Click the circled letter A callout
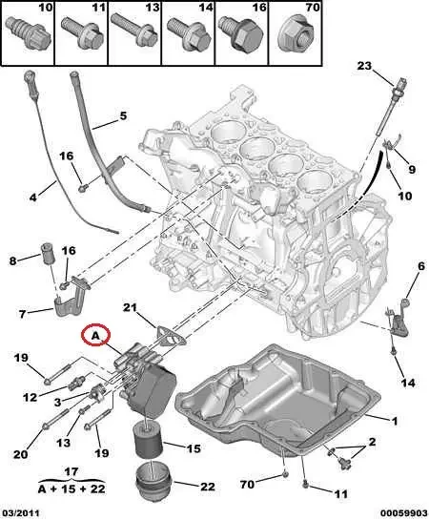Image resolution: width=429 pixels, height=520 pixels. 96,336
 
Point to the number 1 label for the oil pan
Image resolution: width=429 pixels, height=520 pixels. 394,419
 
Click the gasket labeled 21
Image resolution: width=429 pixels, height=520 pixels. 168,334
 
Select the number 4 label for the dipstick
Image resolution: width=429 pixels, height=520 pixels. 32,198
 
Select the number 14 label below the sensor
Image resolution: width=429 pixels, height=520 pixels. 407,383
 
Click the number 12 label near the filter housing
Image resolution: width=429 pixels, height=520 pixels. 31,397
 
